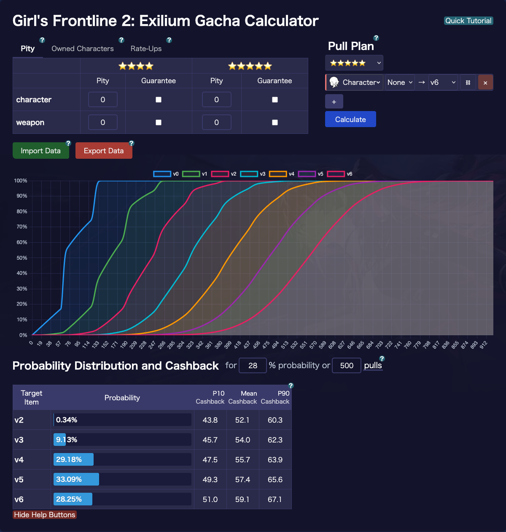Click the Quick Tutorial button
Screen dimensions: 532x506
[x=468, y=21]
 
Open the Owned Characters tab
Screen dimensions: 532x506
[x=83, y=49]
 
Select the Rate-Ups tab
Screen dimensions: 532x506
[x=146, y=49]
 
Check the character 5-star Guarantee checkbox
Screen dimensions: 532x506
[x=275, y=100]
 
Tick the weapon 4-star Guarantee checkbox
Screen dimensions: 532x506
[x=159, y=122]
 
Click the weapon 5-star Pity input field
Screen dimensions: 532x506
[x=216, y=122]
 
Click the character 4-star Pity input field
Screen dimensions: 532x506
[x=103, y=100]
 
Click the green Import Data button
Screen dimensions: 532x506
[x=41, y=151]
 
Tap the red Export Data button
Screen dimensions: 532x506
[x=104, y=151]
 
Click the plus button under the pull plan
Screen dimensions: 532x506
[x=334, y=102]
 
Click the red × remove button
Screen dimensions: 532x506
[x=485, y=83]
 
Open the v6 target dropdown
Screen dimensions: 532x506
[x=443, y=83]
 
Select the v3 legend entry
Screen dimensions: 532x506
[x=253, y=174]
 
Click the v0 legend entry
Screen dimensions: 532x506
[x=166, y=174]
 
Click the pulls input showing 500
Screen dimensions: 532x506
[x=347, y=366]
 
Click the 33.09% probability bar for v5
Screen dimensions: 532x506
[x=76, y=479]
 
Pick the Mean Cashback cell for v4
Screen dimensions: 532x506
[x=242, y=460]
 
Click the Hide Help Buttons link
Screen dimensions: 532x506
[x=45, y=515]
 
